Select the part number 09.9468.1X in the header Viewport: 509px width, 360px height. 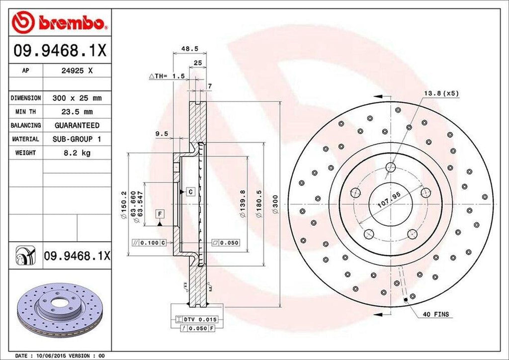coord(60,51)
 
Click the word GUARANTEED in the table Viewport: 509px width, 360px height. coord(77,125)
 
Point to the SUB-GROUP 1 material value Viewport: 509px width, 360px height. coord(77,139)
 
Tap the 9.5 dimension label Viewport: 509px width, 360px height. coord(161,133)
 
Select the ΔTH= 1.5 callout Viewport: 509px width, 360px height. coord(167,76)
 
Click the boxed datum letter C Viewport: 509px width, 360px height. coord(190,191)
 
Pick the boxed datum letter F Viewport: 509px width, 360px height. coord(160,214)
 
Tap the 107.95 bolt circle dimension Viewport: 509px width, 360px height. coord(389,203)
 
